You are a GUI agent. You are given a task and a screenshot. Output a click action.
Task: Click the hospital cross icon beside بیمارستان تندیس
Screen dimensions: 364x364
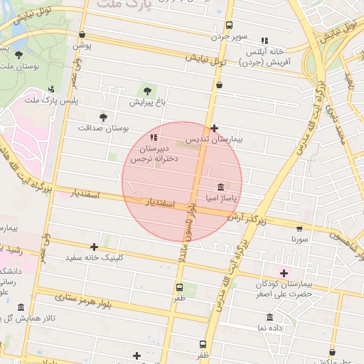coord(215,128)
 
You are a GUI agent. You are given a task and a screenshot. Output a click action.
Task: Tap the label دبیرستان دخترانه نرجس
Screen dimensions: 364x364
coord(151,154)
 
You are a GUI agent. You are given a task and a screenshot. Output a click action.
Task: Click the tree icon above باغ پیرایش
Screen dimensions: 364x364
coord(147,90)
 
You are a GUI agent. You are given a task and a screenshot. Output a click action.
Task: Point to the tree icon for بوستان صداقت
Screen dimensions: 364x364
coord(104,116)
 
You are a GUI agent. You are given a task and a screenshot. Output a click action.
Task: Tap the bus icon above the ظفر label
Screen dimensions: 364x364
coord(179,287)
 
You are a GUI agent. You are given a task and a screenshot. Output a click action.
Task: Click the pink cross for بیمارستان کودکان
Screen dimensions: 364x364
coord(284,273)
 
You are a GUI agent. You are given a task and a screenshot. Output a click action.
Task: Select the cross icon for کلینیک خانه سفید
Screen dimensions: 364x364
coord(94,247)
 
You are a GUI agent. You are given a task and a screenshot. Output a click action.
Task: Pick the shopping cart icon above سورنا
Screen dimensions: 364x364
coord(299,229)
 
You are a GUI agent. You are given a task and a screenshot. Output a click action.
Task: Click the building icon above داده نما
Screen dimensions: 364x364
coord(270,317)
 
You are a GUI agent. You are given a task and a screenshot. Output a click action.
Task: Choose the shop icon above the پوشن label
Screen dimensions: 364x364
coord(82,34)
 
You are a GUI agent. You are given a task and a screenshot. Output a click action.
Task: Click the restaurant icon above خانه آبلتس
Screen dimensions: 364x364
coord(264,41)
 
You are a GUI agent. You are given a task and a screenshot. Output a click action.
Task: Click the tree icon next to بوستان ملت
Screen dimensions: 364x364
coord(18,55)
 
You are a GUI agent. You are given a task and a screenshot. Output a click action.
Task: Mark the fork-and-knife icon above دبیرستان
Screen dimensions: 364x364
coord(154,137)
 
